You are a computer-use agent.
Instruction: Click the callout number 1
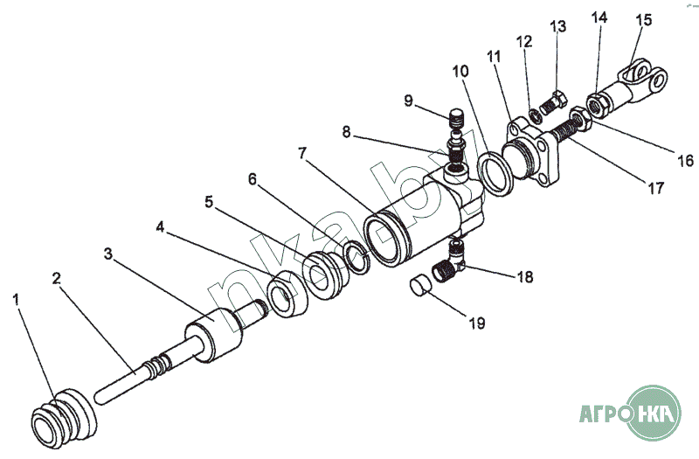pyautogui.click(x=16, y=301)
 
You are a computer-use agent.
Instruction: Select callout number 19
pyautogui.click(x=475, y=323)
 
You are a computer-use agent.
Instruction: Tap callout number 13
pyautogui.click(x=558, y=26)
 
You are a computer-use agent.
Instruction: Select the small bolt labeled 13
pyautogui.click(x=553, y=102)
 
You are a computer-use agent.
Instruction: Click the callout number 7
pyautogui.click(x=303, y=154)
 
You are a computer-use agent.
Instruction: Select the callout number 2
pyautogui.click(x=56, y=279)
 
